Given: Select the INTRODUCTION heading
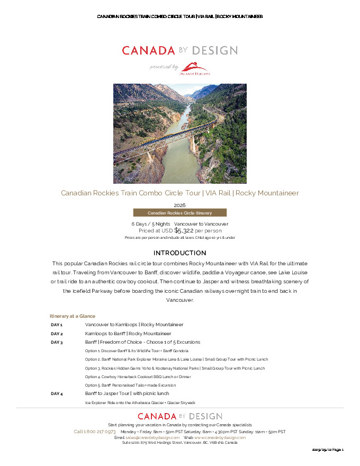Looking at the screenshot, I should (x=179, y=253).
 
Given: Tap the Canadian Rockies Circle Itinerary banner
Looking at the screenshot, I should (x=179, y=213).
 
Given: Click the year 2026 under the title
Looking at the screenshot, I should (x=179, y=205).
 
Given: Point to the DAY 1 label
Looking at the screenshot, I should (x=57, y=325).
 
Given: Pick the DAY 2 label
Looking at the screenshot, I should (x=57, y=334).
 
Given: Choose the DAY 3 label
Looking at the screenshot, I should (x=57, y=342).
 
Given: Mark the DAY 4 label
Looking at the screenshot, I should (x=57, y=394).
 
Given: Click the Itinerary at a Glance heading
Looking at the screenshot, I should (x=73, y=316).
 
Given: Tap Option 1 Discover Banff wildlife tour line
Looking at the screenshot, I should (x=137, y=351).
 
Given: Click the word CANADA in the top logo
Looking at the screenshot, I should (x=148, y=51).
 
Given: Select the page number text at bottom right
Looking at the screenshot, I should (x=328, y=450).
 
